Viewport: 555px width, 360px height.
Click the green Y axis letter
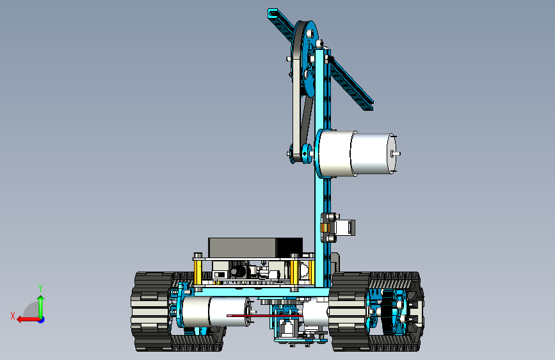(x=40, y=288)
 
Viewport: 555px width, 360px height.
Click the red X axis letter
(x=13, y=316)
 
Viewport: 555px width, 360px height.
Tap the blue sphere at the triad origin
(x=42, y=320)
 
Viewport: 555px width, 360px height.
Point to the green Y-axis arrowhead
(x=41, y=299)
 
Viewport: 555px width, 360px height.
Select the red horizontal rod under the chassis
(x=265, y=315)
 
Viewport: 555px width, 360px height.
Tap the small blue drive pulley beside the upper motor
(x=307, y=154)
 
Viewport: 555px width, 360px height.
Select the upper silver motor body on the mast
(x=356, y=154)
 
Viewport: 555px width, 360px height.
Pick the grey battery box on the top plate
(x=255, y=248)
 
